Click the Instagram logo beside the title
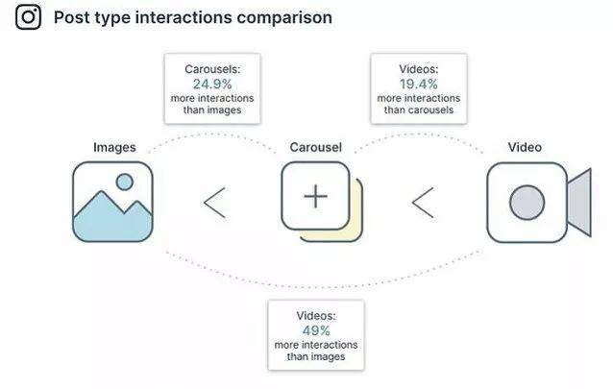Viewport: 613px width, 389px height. (x=28, y=17)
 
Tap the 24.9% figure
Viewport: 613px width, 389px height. (x=212, y=84)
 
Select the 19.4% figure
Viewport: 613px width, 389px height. (x=418, y=84)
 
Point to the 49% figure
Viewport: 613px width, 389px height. (x=316, y=330)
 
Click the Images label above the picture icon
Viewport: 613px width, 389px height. (x=114, y=147)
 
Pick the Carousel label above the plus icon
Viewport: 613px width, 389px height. (x=315, y=147)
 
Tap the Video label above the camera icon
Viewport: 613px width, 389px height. (x=525, y=147)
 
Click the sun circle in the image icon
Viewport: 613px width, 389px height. (x=125, y=182)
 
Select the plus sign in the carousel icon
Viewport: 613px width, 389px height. (x=315, y=196)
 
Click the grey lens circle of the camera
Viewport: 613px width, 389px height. (x=527, y=203)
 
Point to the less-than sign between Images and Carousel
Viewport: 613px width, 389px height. (x=214, y=203)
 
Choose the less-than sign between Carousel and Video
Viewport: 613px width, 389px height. (x=423, y=203)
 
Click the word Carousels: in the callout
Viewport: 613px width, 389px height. (x=212, y=69)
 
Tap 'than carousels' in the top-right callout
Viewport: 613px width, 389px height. (x=418, y=109)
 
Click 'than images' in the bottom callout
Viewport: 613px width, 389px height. (x=316, y=356)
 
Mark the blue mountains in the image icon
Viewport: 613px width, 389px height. (x=112, y=219)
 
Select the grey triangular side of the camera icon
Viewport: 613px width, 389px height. (x=579, y=203)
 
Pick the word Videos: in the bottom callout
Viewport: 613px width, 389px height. (x=316, y=316)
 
